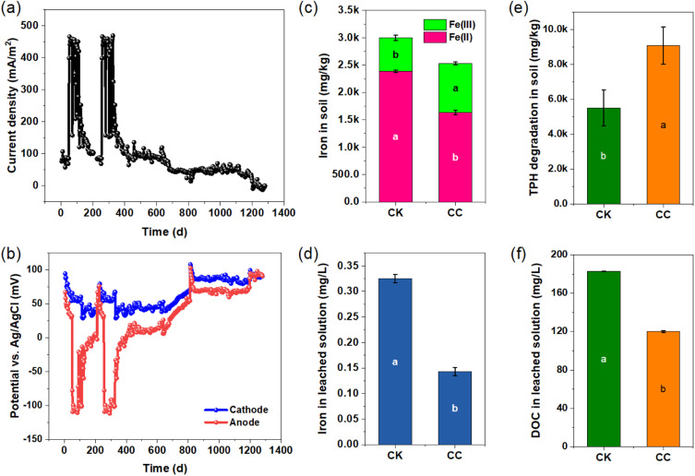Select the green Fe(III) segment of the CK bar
pos(395,54)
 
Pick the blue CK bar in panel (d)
pos(395,361)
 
